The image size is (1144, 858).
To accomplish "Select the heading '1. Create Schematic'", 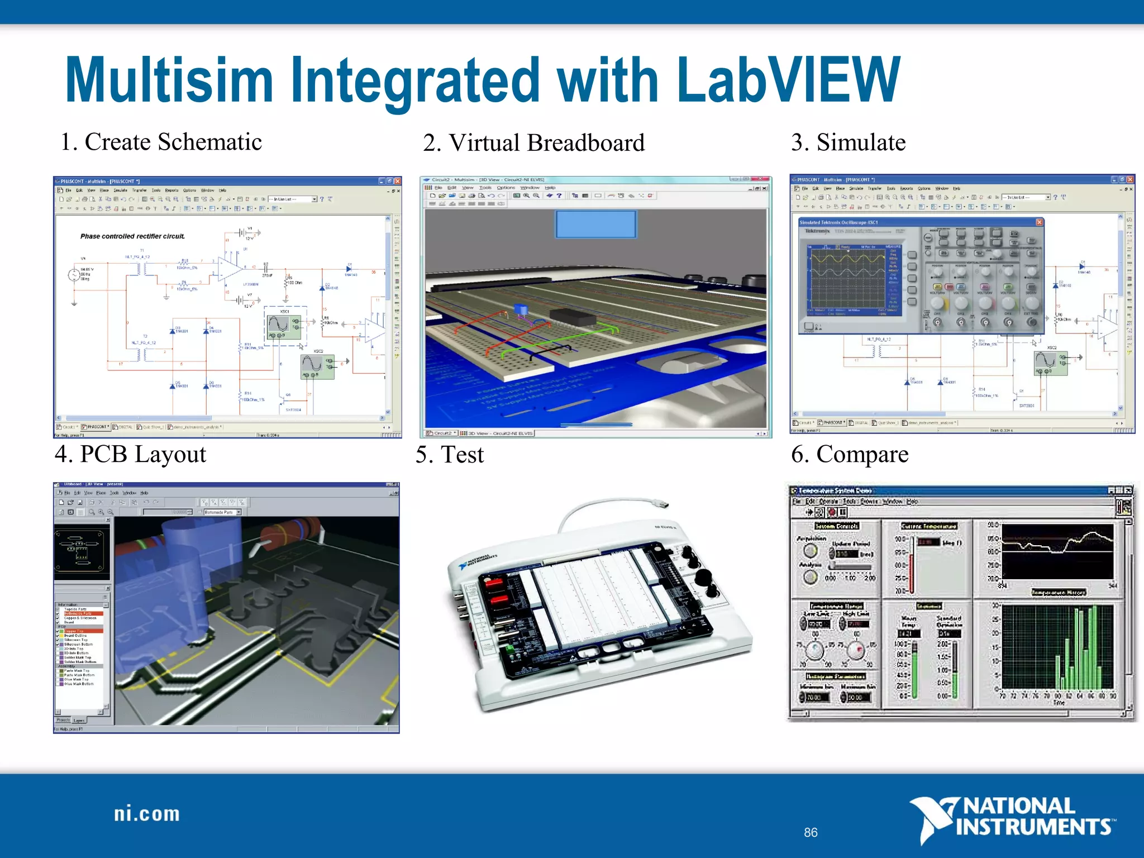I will point(161,142).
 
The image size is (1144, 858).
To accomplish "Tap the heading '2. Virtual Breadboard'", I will point(533,143).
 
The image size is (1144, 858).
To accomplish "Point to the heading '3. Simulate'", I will point(848,142).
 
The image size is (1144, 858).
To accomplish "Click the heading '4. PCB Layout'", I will point(131,454).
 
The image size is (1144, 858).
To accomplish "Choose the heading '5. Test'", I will point(450,455).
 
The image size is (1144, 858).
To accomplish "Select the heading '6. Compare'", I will point(850,454).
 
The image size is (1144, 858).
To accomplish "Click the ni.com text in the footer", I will point(147,814).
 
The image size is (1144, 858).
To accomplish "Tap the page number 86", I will point(811,832).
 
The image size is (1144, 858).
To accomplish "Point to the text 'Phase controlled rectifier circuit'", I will point(132,236).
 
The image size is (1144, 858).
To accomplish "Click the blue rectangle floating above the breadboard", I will point(595,224).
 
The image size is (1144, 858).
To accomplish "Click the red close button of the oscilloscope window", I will point(1039,222).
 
